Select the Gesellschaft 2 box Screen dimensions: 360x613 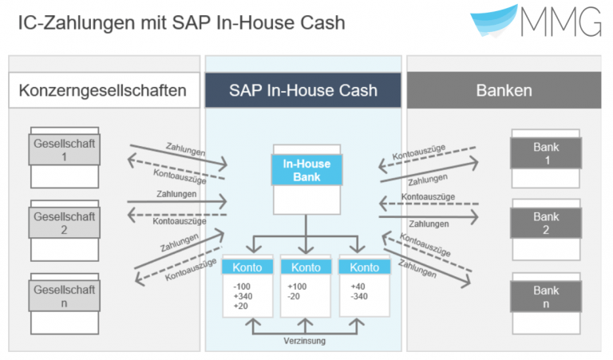tap(65, 223)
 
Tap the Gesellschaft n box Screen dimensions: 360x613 tap(65, 295)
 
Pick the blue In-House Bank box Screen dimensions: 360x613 tap(306, 170)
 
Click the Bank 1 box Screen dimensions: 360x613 tap(546, 152)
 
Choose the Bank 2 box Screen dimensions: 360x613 tap(546, 224)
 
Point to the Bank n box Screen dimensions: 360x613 tap(546, 297)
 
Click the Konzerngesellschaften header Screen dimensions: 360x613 tap(103, 90)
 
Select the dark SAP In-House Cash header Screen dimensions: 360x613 tap(303, 90)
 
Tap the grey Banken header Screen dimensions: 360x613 tap(504, 90)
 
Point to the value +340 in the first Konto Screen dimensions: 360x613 tap(242, 295)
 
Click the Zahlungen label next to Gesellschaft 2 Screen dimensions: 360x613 tap(176, 193)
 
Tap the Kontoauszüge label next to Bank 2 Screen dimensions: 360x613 tap(428, 196)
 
